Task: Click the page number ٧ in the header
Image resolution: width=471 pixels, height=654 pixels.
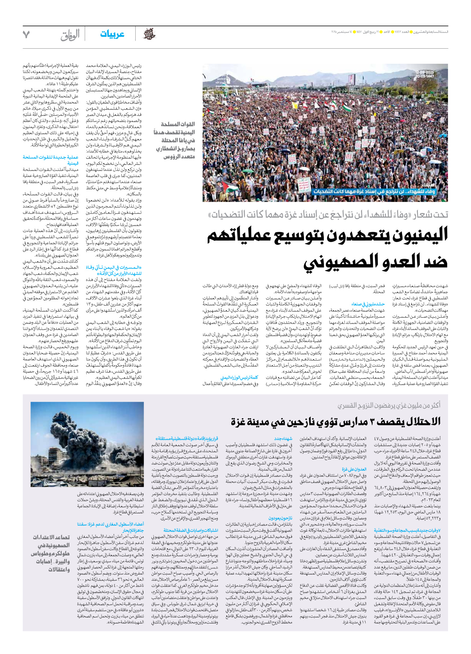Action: [x=26, y=35]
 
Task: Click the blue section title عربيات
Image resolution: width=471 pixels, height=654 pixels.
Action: [x=112, y=34]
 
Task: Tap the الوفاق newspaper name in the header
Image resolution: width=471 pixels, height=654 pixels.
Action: [x=70, y=35]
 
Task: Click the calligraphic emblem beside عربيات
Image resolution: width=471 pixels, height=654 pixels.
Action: [x=150, y=34]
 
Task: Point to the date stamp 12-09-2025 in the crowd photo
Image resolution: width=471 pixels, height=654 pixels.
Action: [x=425, y=72]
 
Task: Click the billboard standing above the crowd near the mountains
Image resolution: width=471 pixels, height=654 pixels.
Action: [x=352, y=79]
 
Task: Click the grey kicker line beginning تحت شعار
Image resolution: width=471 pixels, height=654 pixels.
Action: [x=328, y=215]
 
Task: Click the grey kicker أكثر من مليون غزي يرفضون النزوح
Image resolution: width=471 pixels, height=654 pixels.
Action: [x=388, y=405]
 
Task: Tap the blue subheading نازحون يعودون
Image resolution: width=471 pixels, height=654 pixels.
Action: [x=280, y=518]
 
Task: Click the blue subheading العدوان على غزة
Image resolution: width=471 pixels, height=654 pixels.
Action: [x=354, y=469]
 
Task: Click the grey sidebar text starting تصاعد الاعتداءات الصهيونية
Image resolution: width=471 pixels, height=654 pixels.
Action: [x=51, y=553]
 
